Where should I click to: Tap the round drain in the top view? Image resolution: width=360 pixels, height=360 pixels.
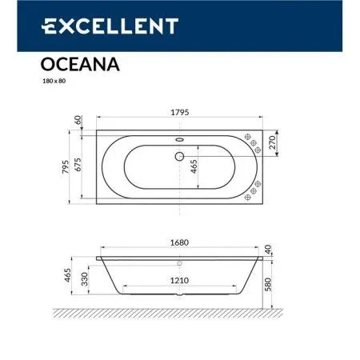coord(179,157)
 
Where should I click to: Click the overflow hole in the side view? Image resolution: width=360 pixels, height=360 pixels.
coord(179,262)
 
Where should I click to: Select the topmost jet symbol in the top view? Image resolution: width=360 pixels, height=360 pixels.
coord(249,133)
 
